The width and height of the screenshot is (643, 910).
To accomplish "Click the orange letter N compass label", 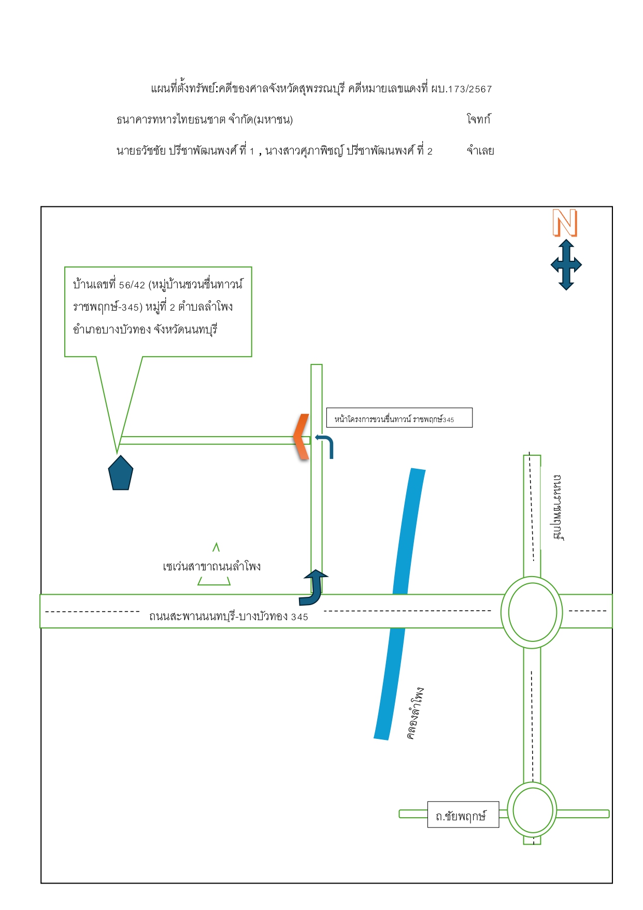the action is (x=565, y=223).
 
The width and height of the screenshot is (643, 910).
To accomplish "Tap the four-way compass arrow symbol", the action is (x=566, y=264).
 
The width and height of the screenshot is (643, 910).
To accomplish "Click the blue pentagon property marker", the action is (x=121, y=473).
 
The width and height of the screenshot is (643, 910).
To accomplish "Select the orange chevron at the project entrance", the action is (x=301, y=437).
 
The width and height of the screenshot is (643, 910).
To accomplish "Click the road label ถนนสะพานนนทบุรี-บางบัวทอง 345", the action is (x=228, y=616).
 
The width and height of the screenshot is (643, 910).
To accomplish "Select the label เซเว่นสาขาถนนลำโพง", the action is (x=212, y=566).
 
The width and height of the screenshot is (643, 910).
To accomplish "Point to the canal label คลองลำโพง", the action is (x=415, y=713).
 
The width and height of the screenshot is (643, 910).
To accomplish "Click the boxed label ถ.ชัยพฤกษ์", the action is (x=461, y=816).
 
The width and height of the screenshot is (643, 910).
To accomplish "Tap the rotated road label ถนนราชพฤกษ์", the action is (x=558, y=507).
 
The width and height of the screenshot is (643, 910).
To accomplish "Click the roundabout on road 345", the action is (x=532, y=612).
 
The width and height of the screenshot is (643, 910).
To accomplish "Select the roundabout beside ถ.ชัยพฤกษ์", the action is (x=532, y=810).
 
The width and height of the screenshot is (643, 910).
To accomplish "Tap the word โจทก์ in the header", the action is (x=478, y=119).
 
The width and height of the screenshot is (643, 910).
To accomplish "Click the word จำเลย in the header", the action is (x=480, y=151).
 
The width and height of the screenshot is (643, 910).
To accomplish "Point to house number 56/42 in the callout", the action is (x=132, y=285).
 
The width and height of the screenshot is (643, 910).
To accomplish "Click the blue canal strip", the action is (x=399, y=605).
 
